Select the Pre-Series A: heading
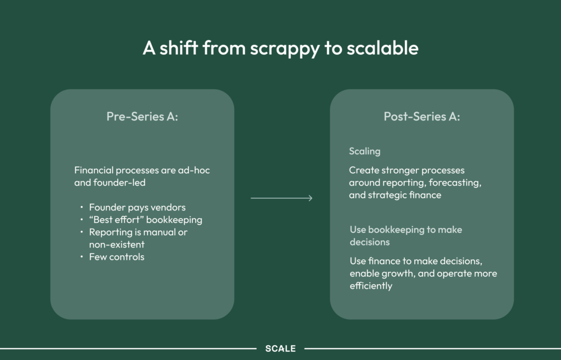(x=142, y=116)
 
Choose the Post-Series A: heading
(x=421, y=116)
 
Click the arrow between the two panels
(x=282, y=198)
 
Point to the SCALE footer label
(x=280, y=348)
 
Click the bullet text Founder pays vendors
(x=137, y=207)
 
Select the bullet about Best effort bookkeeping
(x=146, y=220)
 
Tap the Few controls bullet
(x=117, y=256)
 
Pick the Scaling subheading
(x=364, y=151)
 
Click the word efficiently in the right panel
(x=371, y=285)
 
